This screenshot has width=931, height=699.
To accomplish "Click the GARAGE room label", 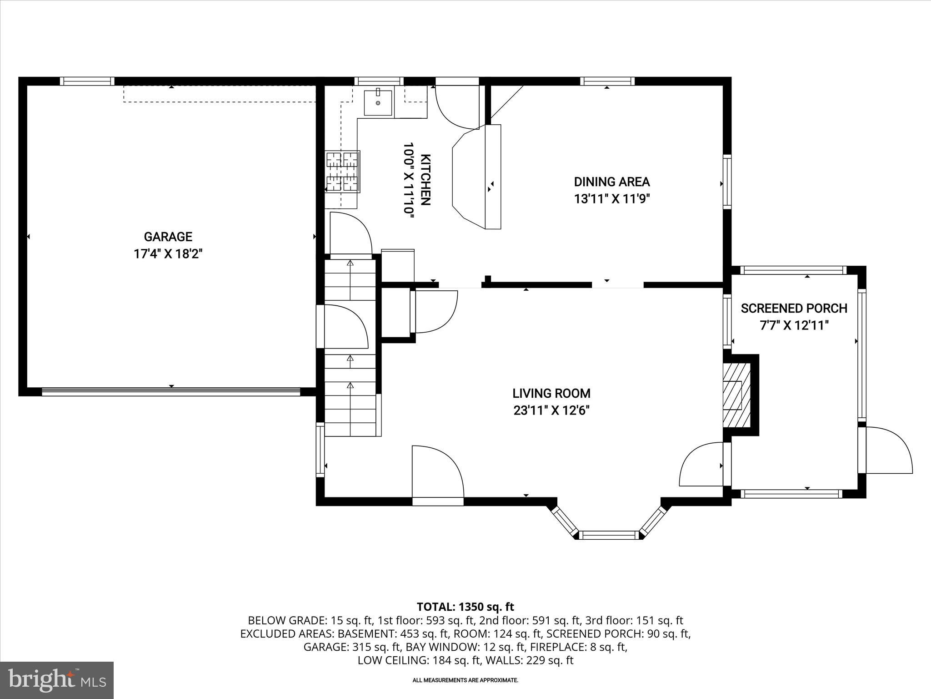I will pyautogui.click(x=168, y=237).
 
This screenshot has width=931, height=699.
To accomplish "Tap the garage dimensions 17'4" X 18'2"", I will pyautogui.click(x=168, y=254).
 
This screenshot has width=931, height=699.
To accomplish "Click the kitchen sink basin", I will pyautogui.click(x=378, y=103).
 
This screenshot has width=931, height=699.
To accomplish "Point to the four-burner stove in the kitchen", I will pyautogui.click(x=342, y=172).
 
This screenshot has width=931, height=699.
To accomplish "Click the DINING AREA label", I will pyautogui.click(x=611, y=182).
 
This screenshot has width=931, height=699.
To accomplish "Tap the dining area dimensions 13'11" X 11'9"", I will pyautogui.click(x=611, y=199).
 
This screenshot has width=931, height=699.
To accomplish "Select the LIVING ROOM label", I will pyautogui.click(x=551, y=393).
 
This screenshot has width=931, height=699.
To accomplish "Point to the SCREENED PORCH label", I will pyautogui.click(x=794, y=309).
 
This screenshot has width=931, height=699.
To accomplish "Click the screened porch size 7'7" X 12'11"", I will pyautogui.click(x=794, y=326).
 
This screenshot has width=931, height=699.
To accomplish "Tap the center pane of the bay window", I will pyautogui.click(x=609, y=535).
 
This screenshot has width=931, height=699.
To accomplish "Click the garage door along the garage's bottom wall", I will pyautogui.click(x=171, y=392).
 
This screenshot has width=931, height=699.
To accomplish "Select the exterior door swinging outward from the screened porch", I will pyautogui.click(x=889, y=451).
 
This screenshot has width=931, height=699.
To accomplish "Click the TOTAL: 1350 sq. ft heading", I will pyautogui.click(x=465, y=607).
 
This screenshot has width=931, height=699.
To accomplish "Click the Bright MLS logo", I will pyautogui.click(x=57, y=680).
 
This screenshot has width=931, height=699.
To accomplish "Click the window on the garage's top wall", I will pyautogui.click(x=87, y=81).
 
